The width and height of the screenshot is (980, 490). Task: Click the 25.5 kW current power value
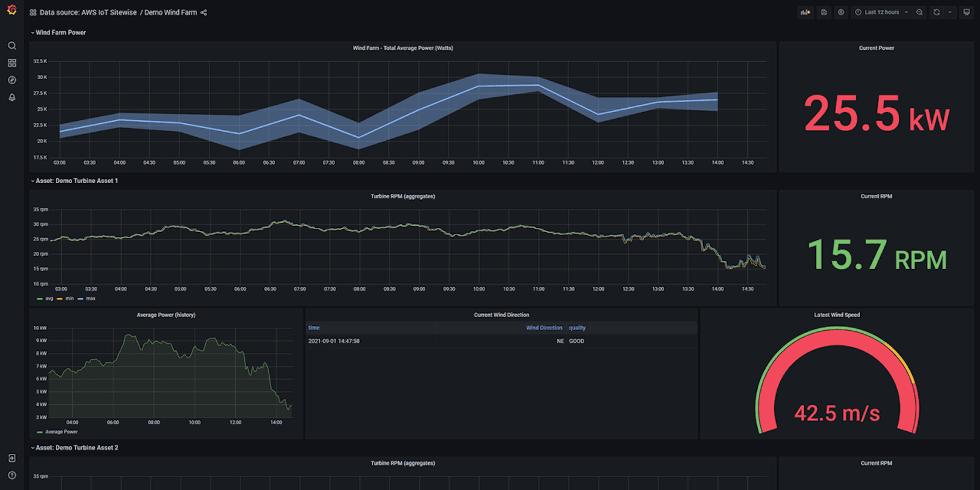(x=876, y=115)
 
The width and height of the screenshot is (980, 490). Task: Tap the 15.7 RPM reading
(x=876, y=255)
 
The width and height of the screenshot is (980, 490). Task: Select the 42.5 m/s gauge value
(x=837, y=413)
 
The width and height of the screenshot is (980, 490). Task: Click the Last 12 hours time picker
(x=881, y=12)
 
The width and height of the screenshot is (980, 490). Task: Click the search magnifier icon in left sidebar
(x=12, y=46)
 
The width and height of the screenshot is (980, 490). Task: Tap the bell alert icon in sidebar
(x=12, y=97)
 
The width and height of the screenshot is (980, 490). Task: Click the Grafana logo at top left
(x=12, y=10)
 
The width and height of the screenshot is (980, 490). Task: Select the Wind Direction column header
(x=544, y=328)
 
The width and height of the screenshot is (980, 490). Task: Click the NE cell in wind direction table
(x=560, y=341)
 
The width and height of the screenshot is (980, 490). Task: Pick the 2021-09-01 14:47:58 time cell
(x=334, y=341)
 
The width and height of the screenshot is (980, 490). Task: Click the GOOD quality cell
(x=576, y=341)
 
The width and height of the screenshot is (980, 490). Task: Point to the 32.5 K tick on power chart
(x=40, y=61)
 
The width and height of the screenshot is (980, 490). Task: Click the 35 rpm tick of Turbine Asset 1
(x=40, y=209)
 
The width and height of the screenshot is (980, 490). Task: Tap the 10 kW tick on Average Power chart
(x=40, y=328)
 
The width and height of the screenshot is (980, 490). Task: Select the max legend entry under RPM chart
(x=90, y=299)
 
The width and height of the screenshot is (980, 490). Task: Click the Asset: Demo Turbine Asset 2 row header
(x=77, y=448)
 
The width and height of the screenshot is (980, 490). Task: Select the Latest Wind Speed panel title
(x=837, y=315)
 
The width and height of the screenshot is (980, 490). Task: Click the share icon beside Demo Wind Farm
(x=204, y=12)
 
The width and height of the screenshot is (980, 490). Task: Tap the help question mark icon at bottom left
(x=12, y=475)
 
